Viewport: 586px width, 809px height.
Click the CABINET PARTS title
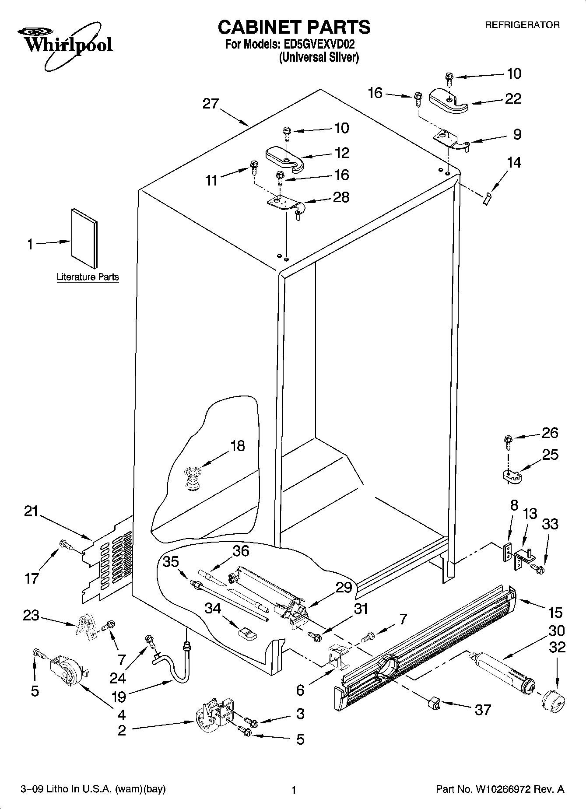click(294, 27)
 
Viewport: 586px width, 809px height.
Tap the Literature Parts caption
click(88, 277)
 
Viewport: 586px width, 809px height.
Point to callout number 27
click(210, 104)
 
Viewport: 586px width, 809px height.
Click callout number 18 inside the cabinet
click(238, 446)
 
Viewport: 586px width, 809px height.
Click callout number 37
click(483, 710)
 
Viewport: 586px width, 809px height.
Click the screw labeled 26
click(508, 441)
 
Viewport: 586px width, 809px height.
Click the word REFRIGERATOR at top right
click(522, 25)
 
